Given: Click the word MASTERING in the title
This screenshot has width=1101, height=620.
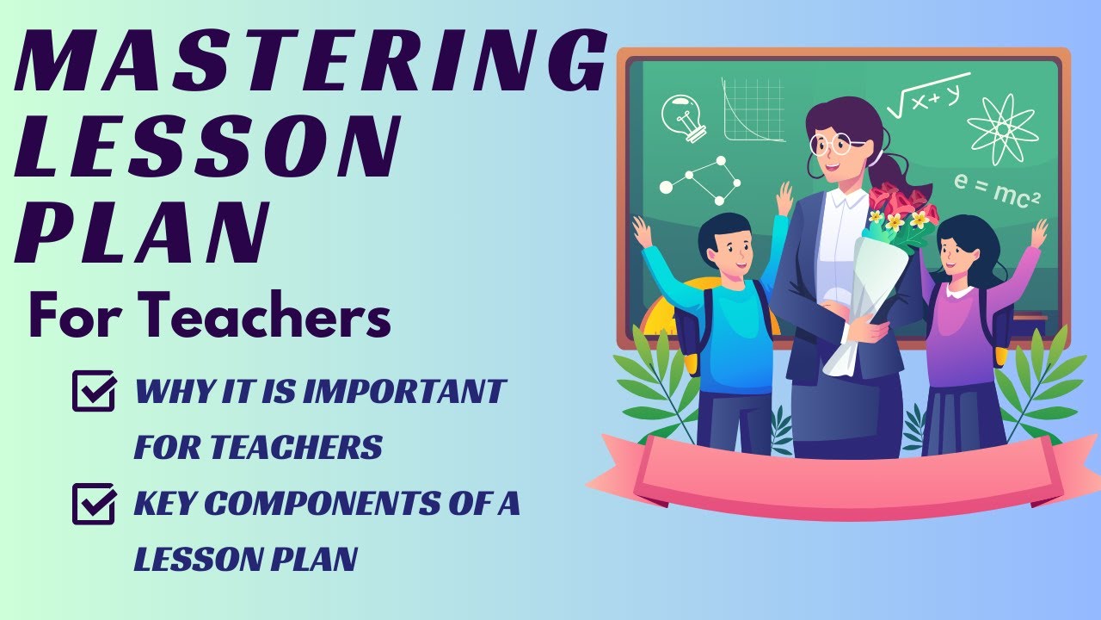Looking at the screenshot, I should coord(310,64).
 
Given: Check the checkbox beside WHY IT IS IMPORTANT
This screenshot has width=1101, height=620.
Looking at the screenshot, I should coord(94,391).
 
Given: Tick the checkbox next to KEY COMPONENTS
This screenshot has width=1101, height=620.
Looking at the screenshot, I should coord(94,503).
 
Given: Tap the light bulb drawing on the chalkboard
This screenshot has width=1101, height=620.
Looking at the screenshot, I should coord(684,117).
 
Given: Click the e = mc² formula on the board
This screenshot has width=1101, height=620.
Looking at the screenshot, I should coord(997,191).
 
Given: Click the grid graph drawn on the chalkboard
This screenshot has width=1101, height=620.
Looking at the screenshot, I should coord(753,109).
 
